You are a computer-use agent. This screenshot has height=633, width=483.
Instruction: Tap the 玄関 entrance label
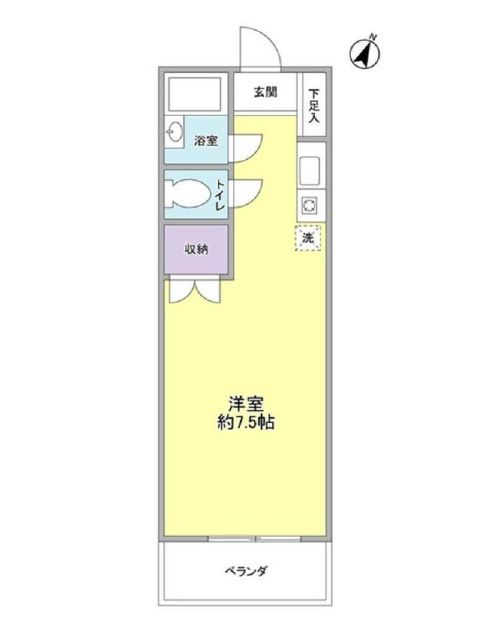click(264, 93)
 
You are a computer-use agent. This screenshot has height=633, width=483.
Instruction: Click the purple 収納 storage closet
click(197, 250)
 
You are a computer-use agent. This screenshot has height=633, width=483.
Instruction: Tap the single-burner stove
click(309, 207)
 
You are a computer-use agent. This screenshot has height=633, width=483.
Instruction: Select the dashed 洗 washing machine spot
click(309, 239)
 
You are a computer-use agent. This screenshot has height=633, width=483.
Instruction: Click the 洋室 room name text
click(245, 404)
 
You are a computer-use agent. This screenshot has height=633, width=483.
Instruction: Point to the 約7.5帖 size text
click(245, 423)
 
